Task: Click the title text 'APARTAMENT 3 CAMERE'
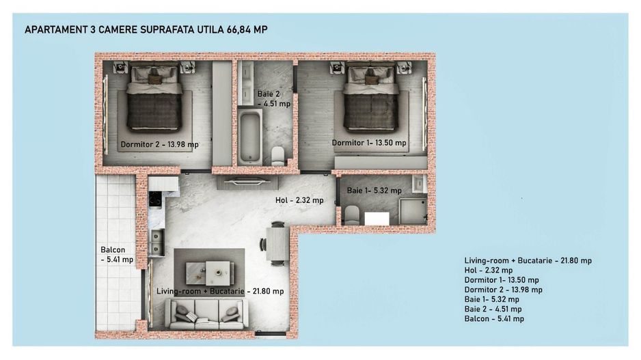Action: click(x=79, y=30)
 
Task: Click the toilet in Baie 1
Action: click(x=352, y=214)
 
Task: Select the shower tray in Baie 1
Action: click(x=413, y=210)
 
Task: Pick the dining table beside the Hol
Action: click(x=277, y=243)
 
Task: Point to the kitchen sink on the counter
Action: click(x=156, y=241)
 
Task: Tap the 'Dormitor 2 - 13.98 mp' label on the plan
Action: click(x=159, y=145)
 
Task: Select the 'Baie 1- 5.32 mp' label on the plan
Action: click(x=374, y=191)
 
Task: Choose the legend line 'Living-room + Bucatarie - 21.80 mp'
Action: click(x=528, y=261)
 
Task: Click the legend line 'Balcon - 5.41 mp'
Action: click(x=494, y=318)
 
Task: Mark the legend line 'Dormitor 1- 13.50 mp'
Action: click(x=501, y=280)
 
